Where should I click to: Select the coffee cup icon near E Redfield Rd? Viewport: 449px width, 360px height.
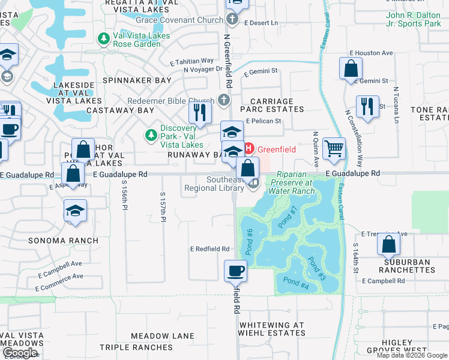[x=235, y=271]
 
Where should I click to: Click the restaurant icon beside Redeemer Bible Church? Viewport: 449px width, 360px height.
[x=200, y=112]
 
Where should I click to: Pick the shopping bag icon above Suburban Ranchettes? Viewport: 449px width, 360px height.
[x=389, y=244]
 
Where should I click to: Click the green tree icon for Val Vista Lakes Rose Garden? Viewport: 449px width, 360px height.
[x=103, y=39]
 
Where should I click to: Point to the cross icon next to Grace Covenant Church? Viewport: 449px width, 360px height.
[x=233, y=20]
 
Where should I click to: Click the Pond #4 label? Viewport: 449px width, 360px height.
[x=295, y=281]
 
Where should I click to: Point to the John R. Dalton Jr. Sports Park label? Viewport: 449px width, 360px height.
[x=413, y=19]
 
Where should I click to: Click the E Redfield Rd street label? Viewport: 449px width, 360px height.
[x=209, y=248]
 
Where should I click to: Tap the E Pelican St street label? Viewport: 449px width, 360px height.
[x=264, y=121]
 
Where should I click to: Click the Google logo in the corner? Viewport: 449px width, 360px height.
[x=20, y=353]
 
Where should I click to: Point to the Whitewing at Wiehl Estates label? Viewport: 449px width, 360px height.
[x=272, y=329]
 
